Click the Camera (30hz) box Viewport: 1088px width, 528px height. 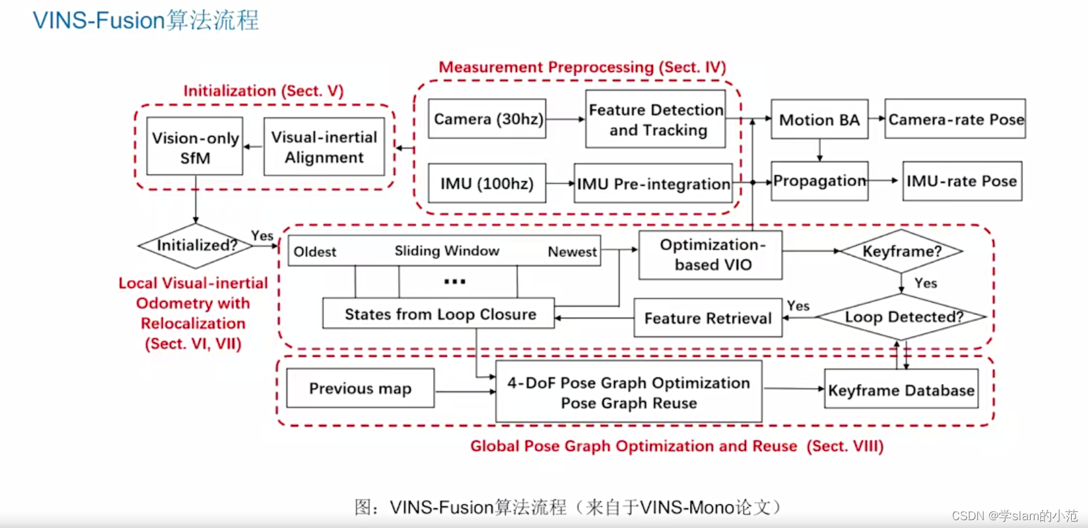point(487,119)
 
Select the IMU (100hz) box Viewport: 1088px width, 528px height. point(487,184)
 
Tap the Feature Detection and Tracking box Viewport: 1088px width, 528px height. point(655,120)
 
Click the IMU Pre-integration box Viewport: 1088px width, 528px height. point(653,184)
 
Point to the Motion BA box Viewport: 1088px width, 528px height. point(819,120)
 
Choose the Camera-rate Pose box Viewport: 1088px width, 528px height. point(955,119)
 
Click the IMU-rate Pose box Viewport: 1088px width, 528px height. point(961,181)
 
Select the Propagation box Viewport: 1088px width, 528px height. point(819,181)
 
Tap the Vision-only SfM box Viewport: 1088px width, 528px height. point(195,147)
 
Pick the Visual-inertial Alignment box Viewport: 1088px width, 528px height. point(324,147)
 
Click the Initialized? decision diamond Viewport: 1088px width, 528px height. point(196,245)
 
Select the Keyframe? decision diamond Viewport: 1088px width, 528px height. point(902,251)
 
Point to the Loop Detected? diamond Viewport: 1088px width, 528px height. point(903,317)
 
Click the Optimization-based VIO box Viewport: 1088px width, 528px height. point(711,255)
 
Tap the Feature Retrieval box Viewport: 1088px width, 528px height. point(708,318)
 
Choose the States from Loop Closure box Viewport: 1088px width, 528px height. point(439,314)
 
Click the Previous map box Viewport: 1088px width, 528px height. point(360,389)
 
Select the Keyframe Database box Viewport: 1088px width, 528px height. point(901,390)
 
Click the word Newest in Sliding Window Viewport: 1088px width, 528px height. point(572,252)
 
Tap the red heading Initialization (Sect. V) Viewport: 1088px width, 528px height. point(263,90)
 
